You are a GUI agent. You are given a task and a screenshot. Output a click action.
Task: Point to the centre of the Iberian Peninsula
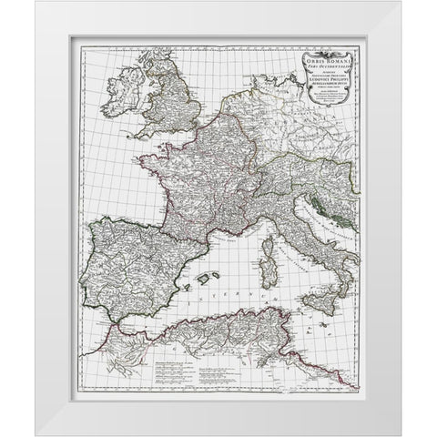127,264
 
